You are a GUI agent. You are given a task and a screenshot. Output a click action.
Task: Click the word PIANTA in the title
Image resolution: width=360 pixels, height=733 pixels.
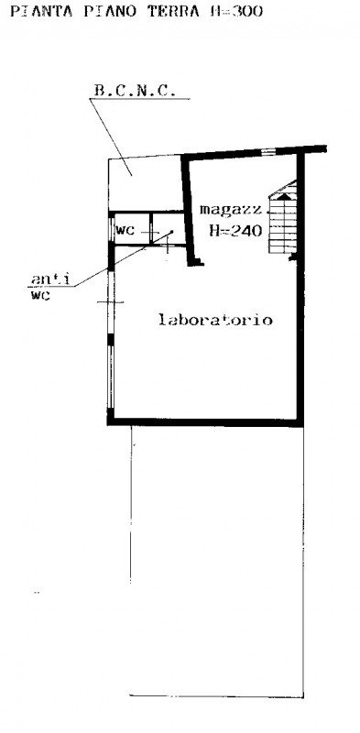pyautogui.click(x=41, y=11)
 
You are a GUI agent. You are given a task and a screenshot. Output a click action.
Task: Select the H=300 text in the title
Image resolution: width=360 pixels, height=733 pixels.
pyautogui.click(x=236, y=11)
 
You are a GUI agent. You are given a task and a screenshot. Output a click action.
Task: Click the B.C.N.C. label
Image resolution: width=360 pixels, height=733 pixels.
pyautogui.click(x=135, y=90)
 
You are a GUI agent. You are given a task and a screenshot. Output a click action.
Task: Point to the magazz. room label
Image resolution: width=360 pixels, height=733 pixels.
pyautogui.click(x=232, y=210)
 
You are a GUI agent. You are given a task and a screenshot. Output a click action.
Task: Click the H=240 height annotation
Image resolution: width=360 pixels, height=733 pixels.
pyautogui.click(x=235, y=230)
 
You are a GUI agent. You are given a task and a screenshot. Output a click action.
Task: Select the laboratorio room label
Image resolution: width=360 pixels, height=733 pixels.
pyautogui.click(x=215, y=320)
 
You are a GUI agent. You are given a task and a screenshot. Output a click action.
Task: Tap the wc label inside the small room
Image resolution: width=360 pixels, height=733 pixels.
pyautogui.click(x=125, y=230)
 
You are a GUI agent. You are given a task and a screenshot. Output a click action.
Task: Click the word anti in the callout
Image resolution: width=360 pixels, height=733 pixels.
pyautogui.click(x=50, y=279)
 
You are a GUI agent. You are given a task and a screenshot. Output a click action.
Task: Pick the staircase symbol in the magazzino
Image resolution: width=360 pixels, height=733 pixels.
pyautogui.click(x=283, y=217)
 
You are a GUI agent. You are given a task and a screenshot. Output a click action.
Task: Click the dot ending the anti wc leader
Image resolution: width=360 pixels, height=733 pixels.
pyautogui.click(x=171, y=232)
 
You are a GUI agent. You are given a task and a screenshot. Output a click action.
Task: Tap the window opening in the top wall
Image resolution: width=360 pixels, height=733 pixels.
pyautogui.click(x=267, y=151)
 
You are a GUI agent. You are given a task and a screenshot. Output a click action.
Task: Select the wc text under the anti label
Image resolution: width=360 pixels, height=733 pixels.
pyautogui.click(x=40, y=295)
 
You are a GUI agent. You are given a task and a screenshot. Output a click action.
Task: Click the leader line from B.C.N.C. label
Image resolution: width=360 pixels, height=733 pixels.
pyautogui.click(x=111, y=137)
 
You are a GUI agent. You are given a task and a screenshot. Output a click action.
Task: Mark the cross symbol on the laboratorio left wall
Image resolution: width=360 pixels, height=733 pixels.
pyautogui.click(x=110, y=302)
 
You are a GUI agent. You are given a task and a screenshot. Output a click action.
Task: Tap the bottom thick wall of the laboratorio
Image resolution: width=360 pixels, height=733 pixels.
pyautogui.click(x=205, y=422)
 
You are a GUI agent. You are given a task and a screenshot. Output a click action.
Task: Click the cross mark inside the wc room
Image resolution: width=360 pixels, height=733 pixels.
pyautogui.click(x=150, y=232)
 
